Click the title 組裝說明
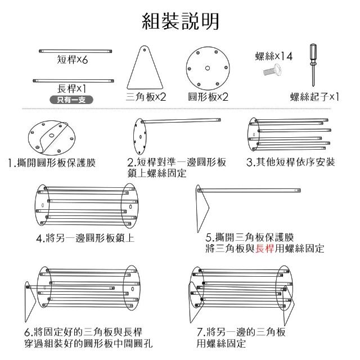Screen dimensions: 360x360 point(180,22)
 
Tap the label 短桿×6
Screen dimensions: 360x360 point(73,60)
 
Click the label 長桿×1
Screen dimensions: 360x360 point(71,89)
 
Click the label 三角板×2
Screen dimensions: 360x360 point(146,97)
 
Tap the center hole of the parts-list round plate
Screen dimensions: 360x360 point(207,68)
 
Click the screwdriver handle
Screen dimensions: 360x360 point(310,56)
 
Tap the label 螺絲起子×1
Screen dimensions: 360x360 point(315,96)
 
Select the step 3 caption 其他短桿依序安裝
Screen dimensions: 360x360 point(291,163)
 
